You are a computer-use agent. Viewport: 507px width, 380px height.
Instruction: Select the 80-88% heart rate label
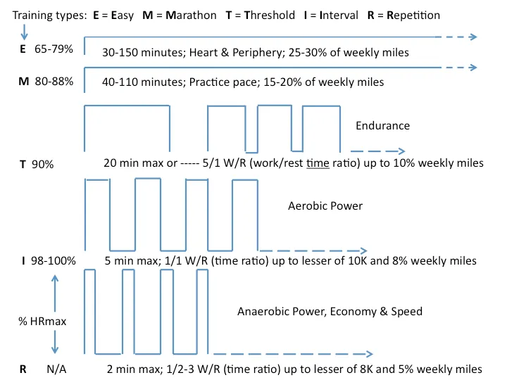point(54,82)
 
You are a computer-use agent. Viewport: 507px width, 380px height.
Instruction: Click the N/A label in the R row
point(58,369)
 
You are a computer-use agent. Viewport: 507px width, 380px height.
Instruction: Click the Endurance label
point(383,125)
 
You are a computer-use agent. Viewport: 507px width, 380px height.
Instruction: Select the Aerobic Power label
point(325,206)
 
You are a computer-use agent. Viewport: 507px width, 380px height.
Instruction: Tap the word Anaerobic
point(265,311)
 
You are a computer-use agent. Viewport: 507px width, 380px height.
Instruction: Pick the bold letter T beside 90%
point(23,164)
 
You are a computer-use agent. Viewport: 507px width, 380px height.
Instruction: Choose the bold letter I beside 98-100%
point(23,261)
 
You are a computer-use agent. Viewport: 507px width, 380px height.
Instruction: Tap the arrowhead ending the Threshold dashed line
point(401,151)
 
